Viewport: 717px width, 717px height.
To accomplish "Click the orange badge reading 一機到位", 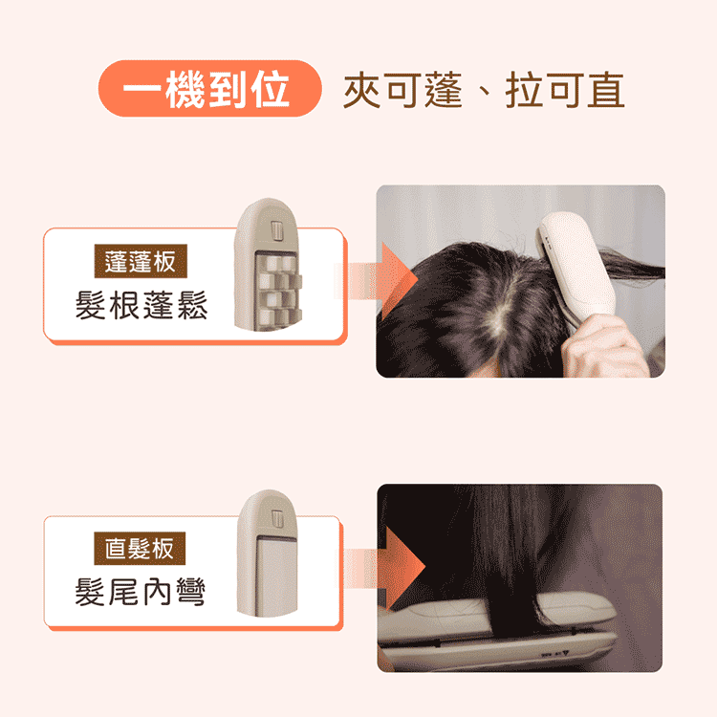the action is tap(210, 89).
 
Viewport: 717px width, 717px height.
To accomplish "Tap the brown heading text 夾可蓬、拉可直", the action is tap(484, 90).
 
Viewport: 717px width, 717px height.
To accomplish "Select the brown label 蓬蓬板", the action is tap(141, 261).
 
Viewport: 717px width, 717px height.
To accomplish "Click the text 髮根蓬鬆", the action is tap(141, 305).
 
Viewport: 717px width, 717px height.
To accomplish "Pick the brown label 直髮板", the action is tap(140, 549).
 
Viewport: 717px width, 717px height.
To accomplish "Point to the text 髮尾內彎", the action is tap(140, 592).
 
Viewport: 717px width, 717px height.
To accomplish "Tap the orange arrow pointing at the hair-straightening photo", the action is tap(383, 568).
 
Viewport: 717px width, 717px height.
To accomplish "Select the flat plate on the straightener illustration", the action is tap(276, 576).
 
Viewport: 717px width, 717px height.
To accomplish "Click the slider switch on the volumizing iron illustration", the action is tap(277, 229).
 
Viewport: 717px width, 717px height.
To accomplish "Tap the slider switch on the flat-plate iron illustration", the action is tap(277, 518).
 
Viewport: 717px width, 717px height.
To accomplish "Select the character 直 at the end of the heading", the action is tap(606, 90).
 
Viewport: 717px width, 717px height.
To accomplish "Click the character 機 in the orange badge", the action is tap(185, 89).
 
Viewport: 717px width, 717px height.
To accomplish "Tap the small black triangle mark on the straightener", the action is tap(565, 654).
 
